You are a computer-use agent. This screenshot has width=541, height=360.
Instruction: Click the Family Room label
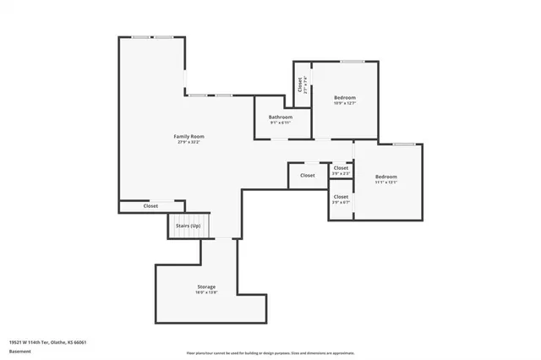click(189, 136)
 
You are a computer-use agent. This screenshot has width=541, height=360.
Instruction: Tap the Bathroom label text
click(281, 117)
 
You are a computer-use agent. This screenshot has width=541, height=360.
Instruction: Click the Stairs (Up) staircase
click(188, 226)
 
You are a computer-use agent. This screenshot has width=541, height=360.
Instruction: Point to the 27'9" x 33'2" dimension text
click(189, 142)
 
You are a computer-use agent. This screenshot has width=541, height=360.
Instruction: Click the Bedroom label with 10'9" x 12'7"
click(344, 97)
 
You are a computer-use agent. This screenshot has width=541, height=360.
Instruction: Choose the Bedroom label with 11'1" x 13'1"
click(385, 175)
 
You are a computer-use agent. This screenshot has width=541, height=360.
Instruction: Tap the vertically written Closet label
click(299, 85)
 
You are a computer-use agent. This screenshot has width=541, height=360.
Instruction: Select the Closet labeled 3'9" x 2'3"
click(341, 168)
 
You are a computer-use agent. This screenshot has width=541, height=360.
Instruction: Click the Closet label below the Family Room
click(150, 205)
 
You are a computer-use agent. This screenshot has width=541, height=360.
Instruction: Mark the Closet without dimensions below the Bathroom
click(307, 176)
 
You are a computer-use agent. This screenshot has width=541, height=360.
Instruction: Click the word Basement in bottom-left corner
click(19, 350)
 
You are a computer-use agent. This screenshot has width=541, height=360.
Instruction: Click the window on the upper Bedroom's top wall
click(352, 62)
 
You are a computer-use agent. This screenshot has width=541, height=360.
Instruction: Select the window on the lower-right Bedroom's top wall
click(403, 144)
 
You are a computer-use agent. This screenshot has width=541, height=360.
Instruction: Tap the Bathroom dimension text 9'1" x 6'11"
click(281, 123)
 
